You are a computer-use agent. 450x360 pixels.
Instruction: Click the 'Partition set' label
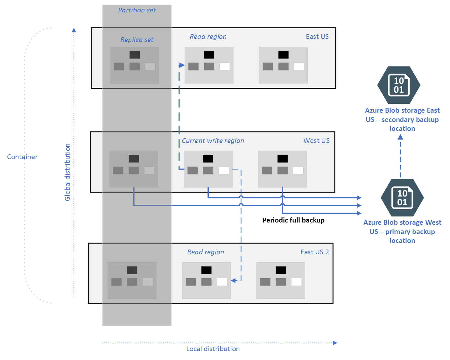pos(137,10)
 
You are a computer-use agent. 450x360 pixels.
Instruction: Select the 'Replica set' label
pos(137,40)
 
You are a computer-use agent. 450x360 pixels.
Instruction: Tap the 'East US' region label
pos(317,37)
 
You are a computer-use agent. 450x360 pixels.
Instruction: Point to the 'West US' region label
pos(316,141)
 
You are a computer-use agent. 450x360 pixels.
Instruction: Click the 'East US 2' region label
pos(314,252)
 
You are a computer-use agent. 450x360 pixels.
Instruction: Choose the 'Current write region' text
pos(213,141)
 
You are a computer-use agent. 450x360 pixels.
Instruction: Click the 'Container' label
pos(22,157)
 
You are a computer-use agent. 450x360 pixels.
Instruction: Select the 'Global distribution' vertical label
pos(67,172)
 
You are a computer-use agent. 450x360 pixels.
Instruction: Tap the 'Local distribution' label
pos(213,349)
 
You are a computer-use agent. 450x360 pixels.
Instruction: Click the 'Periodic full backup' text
pos(293,220)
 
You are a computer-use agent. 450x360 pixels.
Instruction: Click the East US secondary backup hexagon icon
pos(399,85)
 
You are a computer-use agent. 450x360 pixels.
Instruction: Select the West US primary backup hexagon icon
pos(402,198)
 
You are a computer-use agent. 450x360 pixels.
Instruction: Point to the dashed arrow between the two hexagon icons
pos(400,156)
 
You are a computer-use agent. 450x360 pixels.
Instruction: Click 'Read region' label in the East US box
pos(208,37)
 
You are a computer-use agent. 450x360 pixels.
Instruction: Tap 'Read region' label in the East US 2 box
pos(206,252)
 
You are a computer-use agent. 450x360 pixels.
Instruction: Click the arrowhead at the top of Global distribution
pos(74,30)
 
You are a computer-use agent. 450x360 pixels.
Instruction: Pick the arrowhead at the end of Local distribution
pos(335,343)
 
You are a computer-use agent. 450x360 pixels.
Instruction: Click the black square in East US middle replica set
pos(209,55)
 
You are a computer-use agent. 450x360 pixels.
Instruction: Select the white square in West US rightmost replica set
pos(298,170)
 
